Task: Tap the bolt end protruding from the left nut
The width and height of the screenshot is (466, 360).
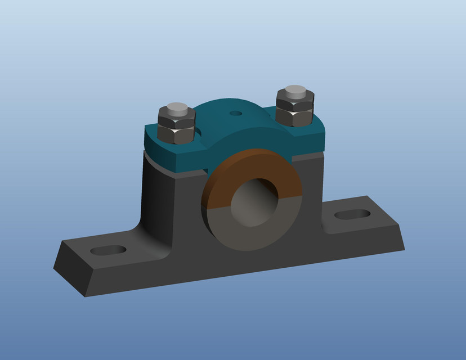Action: click(x=177, y=107)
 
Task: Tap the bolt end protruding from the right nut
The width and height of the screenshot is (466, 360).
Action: click(x=295, y=90)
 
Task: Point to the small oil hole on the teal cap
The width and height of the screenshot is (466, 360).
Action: click(x=236, y=113)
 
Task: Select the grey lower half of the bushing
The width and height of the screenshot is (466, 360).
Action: click(x=248, y=233)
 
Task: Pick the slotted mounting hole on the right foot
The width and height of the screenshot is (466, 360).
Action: click(x=352, y=214)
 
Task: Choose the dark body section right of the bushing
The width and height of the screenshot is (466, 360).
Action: click(x=312, y=191)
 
